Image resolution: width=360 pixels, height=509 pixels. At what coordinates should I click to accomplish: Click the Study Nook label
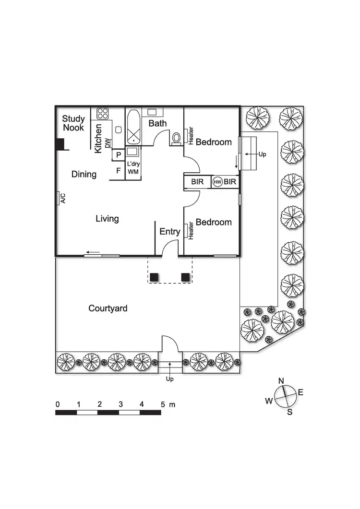[73, 123]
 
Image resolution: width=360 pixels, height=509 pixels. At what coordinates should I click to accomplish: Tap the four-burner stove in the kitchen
[103, 114]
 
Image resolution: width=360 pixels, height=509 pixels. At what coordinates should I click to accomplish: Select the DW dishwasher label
[108, 142]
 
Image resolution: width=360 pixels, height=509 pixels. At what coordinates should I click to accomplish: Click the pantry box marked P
[118, 154]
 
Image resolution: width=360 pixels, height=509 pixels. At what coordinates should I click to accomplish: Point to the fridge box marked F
[118, 170]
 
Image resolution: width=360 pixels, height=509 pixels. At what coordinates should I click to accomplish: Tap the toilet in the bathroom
[176, 138]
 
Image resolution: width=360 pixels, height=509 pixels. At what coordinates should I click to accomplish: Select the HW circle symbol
[218, 182]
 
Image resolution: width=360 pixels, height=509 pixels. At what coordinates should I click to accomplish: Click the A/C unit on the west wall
[61, 198]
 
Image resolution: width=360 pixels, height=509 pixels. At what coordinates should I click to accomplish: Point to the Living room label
[107, 219]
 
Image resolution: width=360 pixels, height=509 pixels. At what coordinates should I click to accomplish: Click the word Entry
[169, 232]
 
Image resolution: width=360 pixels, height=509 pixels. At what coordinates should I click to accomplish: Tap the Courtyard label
[108, 308]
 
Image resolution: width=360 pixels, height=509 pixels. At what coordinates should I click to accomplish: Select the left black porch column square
[154, 277]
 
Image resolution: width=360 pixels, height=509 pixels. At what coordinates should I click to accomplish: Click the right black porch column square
[185, 277]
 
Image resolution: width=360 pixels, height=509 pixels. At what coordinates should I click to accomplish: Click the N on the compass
[281, 381]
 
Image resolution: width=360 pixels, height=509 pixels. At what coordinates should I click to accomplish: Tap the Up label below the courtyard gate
[169, 379]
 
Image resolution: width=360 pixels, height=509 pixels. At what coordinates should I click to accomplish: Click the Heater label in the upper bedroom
[191, 135]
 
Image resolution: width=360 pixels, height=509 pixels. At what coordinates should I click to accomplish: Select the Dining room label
[84, 174]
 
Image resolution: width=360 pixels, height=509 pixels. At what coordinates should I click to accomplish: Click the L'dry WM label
[133, 167]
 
